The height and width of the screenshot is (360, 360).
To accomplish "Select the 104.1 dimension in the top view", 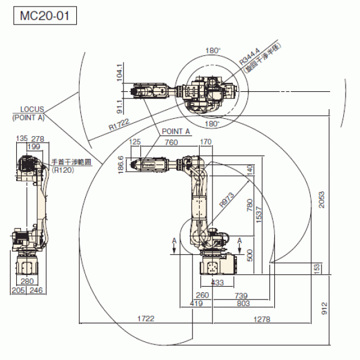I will tap(120, 73).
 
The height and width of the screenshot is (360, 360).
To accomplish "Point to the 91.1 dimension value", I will tap(120, 106).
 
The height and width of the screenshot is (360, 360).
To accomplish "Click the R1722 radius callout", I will tap(119, 125).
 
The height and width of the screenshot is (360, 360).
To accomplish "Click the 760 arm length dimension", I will tap(171, 143).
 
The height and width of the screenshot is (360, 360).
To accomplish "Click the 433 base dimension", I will tap(218, 282).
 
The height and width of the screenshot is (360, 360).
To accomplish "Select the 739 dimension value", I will tap(241, 295).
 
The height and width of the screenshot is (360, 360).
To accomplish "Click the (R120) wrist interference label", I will tap(61, 170).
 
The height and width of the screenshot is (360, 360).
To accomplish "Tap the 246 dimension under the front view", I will tap(37, 290).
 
